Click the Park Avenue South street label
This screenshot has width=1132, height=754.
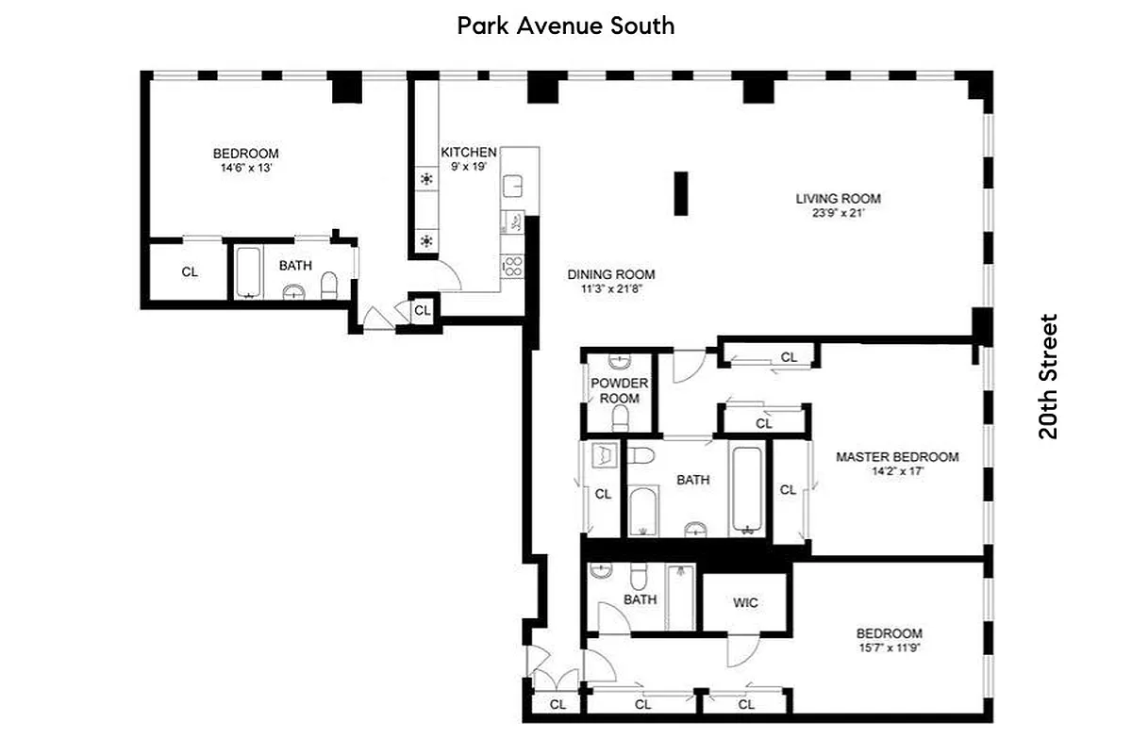click(566, 25)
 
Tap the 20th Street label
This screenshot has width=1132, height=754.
click(1048, 377)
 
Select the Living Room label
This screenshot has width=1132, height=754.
click(838, 199)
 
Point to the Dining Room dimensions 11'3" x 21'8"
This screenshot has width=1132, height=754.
click(610, 289)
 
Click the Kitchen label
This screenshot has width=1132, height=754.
click(468, 153)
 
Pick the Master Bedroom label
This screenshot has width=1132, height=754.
click(896, 457)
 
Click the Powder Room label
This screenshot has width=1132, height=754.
click(619, 390)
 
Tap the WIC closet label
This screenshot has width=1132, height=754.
click(745, 602)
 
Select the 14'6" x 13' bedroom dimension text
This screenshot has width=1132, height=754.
click(245, 169)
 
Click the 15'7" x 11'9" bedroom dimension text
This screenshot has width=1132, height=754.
click(889, 647)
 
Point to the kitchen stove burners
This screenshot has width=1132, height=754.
click(513, 266)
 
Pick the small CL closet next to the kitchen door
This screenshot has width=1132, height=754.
click(422, 310)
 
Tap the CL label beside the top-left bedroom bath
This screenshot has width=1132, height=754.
click(190, 272)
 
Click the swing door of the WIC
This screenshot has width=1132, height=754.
click(741, 649)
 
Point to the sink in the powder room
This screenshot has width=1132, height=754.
click(619, 361)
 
